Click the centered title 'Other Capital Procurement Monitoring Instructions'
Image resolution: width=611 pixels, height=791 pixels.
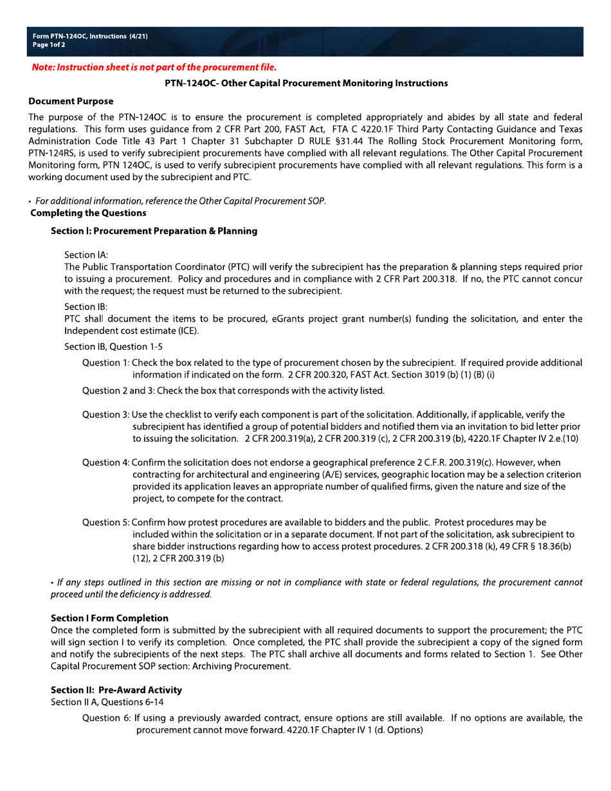tap(306, 84)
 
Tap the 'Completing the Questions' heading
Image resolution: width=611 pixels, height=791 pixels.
tap(88, 213)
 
